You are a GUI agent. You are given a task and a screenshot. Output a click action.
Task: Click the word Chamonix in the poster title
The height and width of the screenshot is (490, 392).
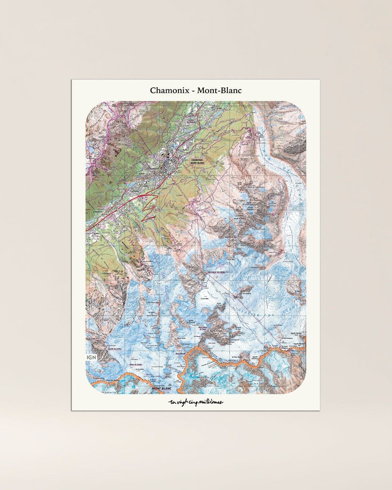pos(170,90)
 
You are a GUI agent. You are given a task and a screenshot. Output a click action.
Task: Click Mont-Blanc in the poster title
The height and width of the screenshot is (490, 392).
pos(219,90)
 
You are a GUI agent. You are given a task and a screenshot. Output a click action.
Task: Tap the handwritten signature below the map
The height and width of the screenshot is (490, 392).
pos(196,402)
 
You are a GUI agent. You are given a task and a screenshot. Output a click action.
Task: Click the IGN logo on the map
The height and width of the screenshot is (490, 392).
pos(91,358)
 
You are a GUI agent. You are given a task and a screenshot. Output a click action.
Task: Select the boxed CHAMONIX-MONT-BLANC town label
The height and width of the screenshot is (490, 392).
pos(197,161)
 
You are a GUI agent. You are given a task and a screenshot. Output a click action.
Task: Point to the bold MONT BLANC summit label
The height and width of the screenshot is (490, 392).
pos(162,388)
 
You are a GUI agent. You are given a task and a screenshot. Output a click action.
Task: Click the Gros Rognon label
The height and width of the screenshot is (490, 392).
pos(247,294)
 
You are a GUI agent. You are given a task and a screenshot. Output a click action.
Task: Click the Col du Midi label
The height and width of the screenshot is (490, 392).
pos(204,299)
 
